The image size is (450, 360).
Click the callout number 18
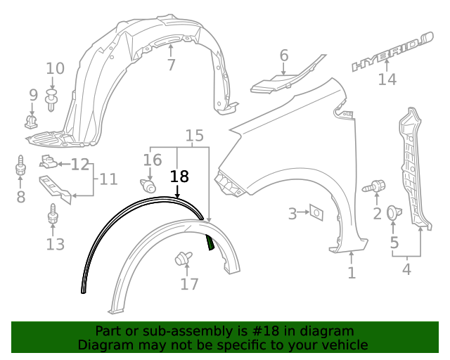[180, 176]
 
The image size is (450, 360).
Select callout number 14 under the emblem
[387, 79]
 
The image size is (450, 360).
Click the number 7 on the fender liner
[171, 65]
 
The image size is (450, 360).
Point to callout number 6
[284, 56]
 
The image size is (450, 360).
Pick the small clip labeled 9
[31, 120]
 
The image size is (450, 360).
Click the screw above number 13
[53, 214]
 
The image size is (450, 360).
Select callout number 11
[108, 179]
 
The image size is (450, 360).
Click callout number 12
[80, 165]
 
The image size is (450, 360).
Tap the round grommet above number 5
[393, 211]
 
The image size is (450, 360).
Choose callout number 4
[406, 269]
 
